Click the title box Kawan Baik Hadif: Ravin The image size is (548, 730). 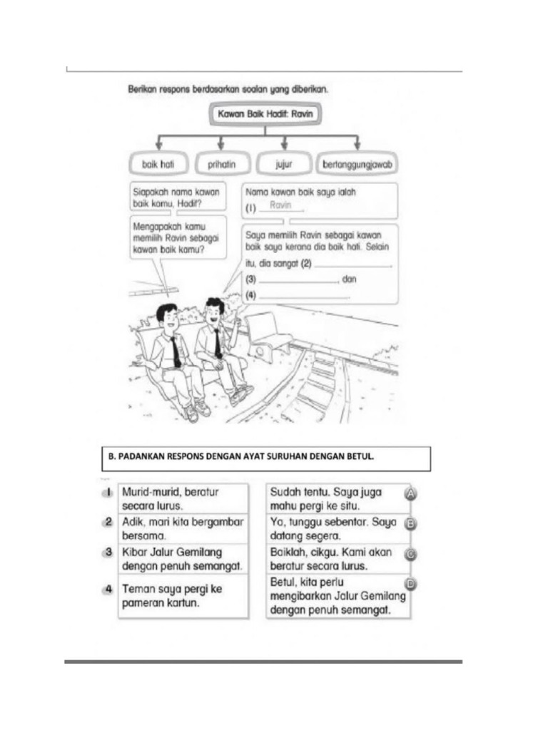point(265,114)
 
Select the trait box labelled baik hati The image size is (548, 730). point(158,163)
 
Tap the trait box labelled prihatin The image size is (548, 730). point(221,163)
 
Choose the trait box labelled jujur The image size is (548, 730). point(284,163)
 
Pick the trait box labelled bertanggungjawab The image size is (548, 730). point(356,163)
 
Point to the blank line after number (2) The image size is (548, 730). point(354,265)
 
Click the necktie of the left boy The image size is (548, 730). point(175,351)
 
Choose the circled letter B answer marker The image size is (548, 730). point(411,524)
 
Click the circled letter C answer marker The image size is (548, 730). point(411,554)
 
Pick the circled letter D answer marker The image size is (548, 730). point(411,584)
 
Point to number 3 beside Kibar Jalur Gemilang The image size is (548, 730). point(108,552)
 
